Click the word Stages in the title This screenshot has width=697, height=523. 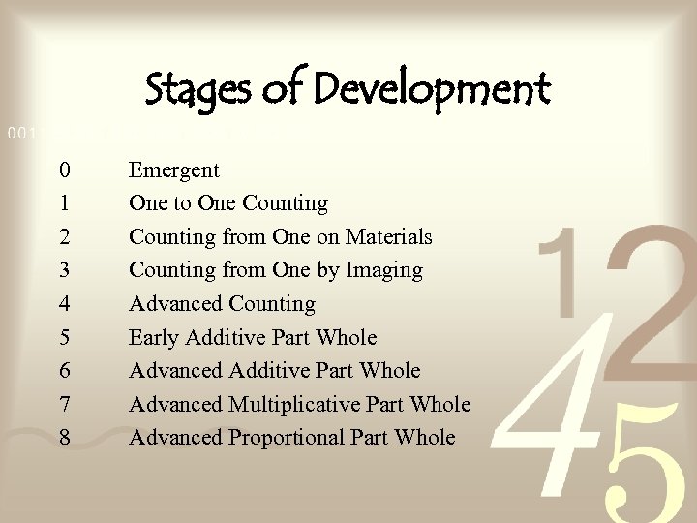(192, 90)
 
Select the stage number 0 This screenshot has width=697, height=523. (64, 170)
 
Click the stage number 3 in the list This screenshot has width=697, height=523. (64, 270)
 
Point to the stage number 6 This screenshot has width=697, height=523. (64, 370)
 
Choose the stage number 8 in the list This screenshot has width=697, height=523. (64, 437)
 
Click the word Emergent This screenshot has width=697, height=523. (174, 170)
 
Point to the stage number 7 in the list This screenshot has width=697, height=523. (64, 404)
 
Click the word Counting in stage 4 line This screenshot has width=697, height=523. (272, 304)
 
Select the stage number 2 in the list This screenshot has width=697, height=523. (64, 236)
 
